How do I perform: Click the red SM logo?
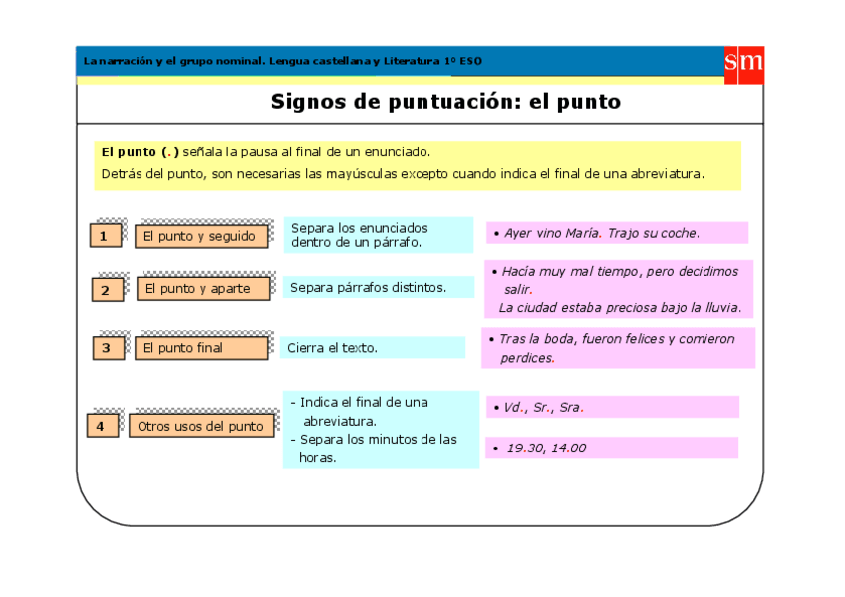tap(743, 63)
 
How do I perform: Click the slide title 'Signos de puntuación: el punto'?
tap(445, 102)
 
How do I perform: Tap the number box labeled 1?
tap(105, 236)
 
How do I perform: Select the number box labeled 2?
tap(106, 290)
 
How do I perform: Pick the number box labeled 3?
tap(107, 348)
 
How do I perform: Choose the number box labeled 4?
tap(102, 426)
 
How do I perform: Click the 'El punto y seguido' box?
tap(204, 236)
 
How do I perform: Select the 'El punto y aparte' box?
tap(204, 289)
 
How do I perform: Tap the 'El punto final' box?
tap(203, 348)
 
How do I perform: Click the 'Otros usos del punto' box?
tap(200, 426)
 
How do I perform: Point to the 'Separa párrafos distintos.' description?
tap(368, 288)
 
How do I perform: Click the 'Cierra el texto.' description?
tap(332, 348)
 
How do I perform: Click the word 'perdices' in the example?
tap(527, 358)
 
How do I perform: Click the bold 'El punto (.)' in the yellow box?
tap(141, 152)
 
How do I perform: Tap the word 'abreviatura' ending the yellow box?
tap(670, 173)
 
